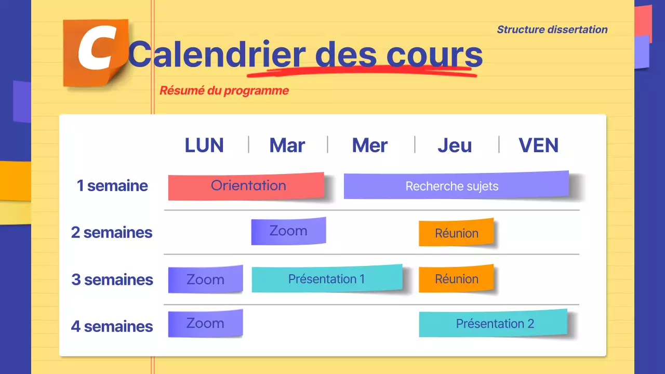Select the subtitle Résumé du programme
(224, 90)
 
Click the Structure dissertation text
(552, 30)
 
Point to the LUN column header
(204, 145)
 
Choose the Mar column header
(287, 145)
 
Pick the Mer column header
(369, 145)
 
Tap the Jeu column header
(455, 145)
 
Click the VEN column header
(538, 145)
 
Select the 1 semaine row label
(112, 185)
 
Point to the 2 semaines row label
(112, 232)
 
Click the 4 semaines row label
(112, 326)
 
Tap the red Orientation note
(246, 186)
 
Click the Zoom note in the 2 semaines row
(288, 231)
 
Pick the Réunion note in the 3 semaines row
(456, 279)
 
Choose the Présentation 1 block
(327, 279)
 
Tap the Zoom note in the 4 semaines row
(205, 323)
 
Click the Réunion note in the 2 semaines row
(456, 233)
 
